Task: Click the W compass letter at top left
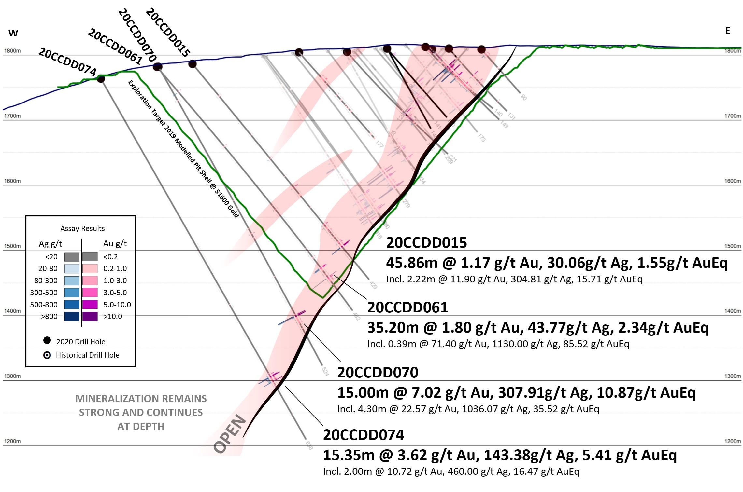pyautogui.click(x=13, y=33)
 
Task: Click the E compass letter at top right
pyautogui.click(x=727, y=31)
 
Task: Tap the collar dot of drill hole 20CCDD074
pyautogui.click(x=101, y=79)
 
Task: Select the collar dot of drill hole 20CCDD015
pyautogui.click(x=193, y=64)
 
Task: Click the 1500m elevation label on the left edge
pyautogui.click(x=12, y=246)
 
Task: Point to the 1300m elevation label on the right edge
pyautogui.click(x=732, y=376)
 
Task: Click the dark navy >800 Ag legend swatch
pyautogui.click(x=72, y=316)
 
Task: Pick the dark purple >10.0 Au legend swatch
pyautogui.click(x=90, y=316)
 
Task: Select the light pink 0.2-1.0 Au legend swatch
pyautogui.click(x=90, y=268)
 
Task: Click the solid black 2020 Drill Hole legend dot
pyautogui.click(x=47, y=340)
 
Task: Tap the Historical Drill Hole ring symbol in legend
pyautogui.click(x=47, y=355)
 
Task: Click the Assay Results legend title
pyautogui.click(x=82, y=228)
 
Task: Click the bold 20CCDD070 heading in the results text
pyautogui.click(x=378, y=372)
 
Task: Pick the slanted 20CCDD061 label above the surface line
pyautogui.click(x=115, y=47)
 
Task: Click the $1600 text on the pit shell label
pyautogui.click(x=222, y=197)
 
